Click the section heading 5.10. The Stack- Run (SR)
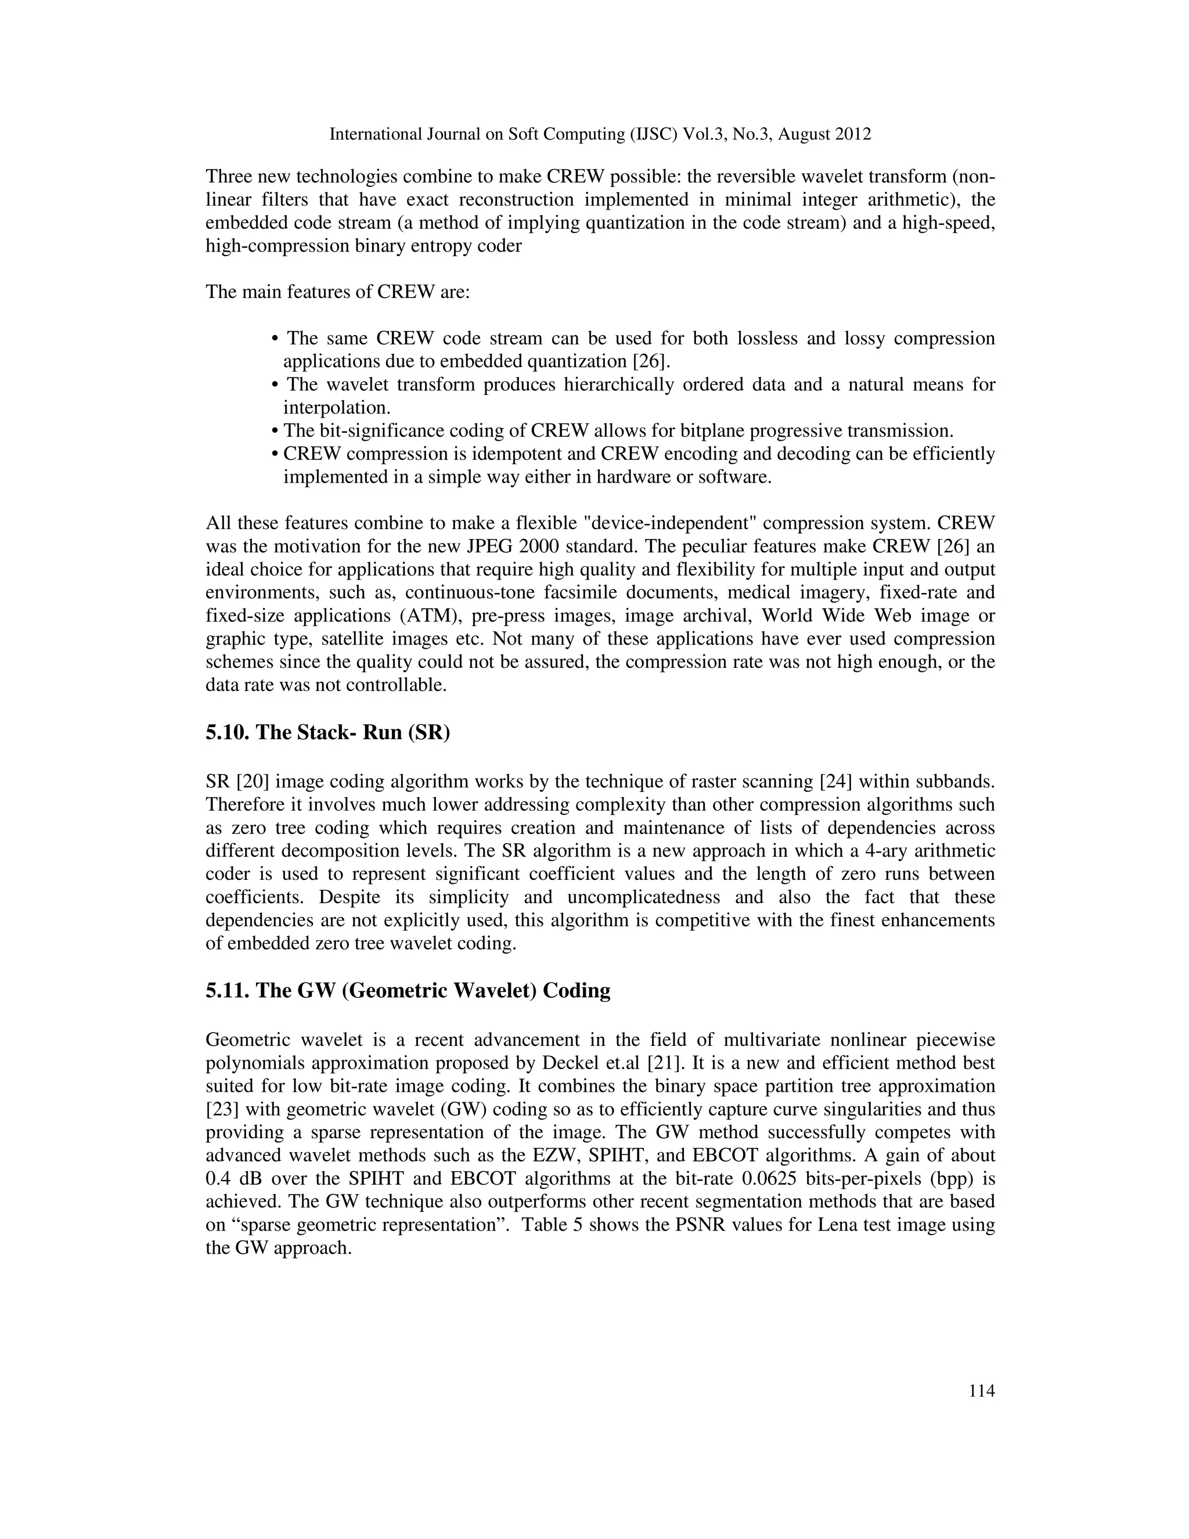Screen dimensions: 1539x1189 click(x=327, y=732)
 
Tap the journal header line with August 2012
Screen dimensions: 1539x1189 click(x=600, y=134)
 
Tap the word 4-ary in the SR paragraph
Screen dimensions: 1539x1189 click(x=885, y=851)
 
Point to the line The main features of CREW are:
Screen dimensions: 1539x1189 click(x=337, y=292)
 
